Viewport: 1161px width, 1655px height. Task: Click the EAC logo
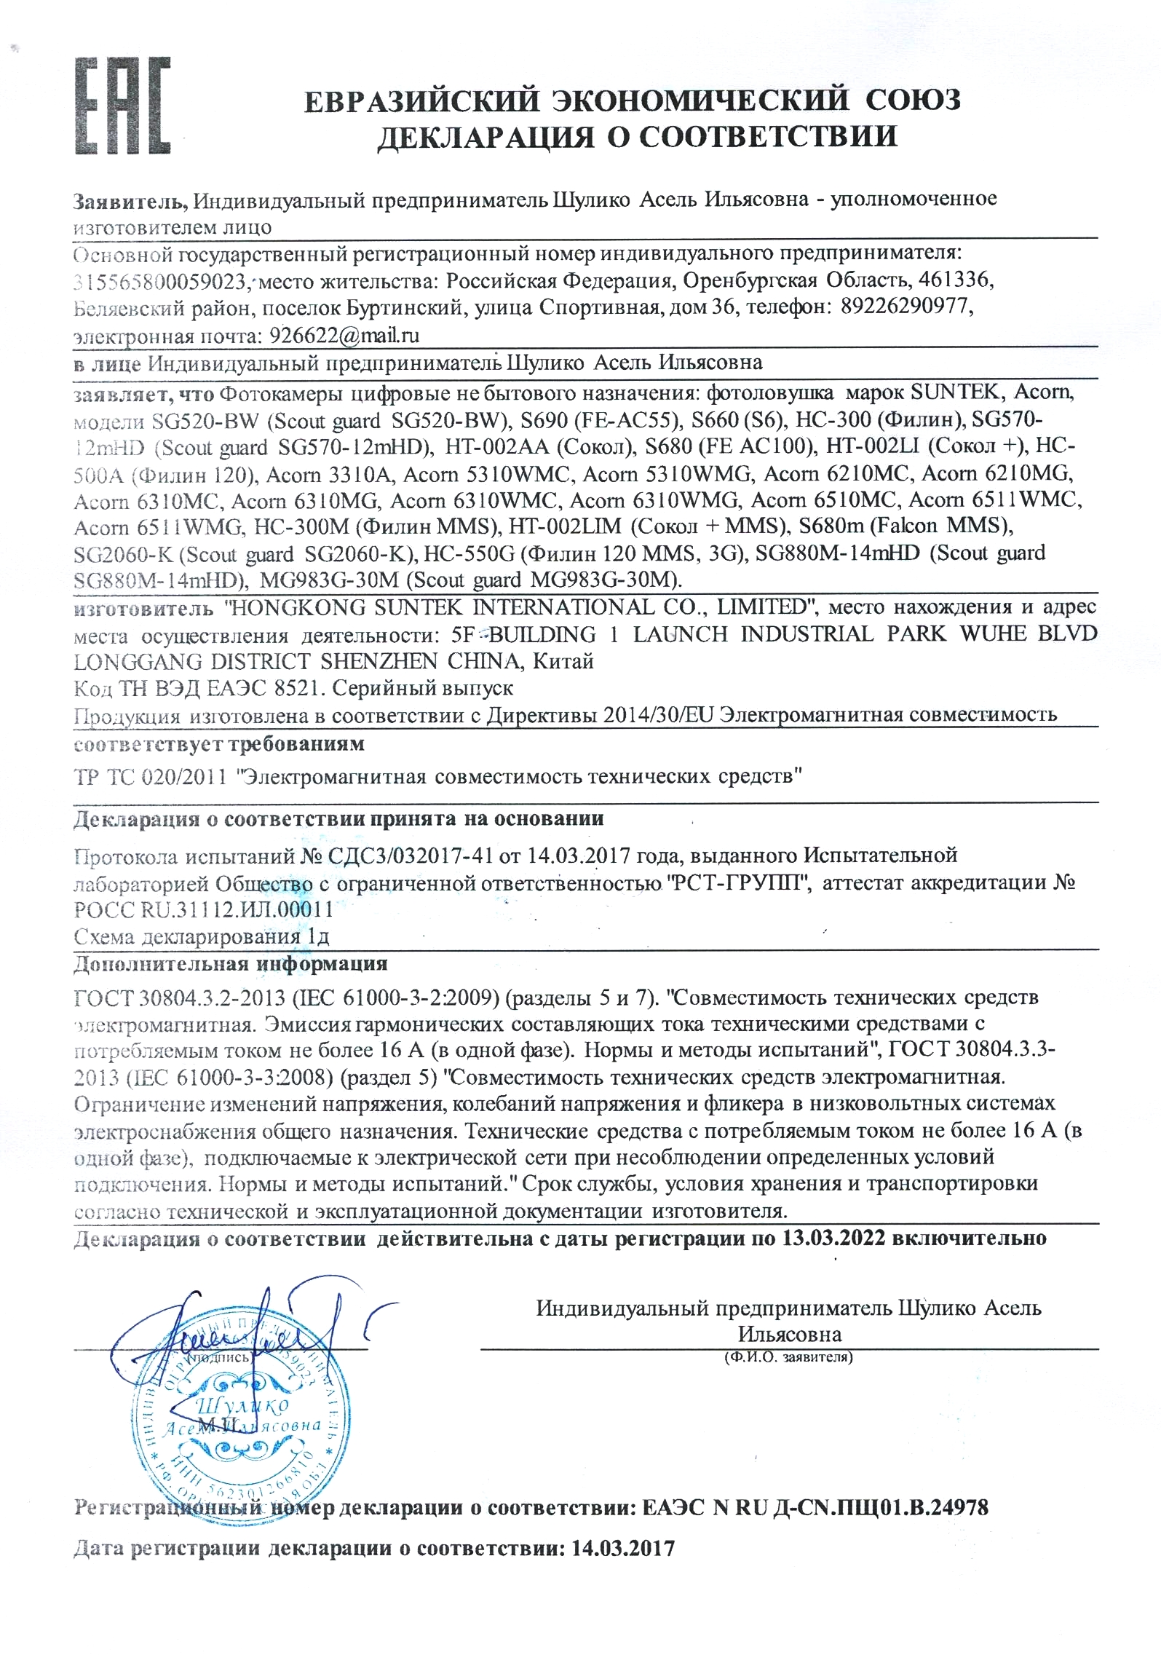[122, 106]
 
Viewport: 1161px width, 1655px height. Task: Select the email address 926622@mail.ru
[344, 336]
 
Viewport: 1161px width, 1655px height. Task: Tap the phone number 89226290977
[906, 306]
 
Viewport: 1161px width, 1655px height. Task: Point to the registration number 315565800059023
[161, 281]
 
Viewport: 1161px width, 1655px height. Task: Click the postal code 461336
[954, 280]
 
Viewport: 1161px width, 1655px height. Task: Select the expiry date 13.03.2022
[833, 1239]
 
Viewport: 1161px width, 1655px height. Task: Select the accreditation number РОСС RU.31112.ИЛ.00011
[204, 910]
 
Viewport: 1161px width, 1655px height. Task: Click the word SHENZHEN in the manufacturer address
[379, 662]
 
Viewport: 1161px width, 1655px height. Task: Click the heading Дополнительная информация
[230, 964]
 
